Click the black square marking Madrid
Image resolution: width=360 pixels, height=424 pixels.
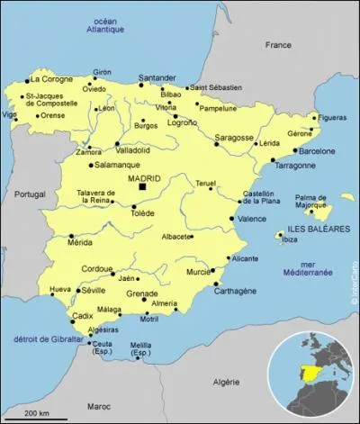coord(141,188)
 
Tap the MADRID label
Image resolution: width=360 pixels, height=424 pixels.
coord(145,178)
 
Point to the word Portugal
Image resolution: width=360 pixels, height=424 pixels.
coord(31,194)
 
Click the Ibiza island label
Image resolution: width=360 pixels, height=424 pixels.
coord(289,239)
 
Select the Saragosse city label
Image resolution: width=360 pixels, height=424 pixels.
coord(234,138)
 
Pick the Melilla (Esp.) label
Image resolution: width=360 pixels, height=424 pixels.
coord(141,349)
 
